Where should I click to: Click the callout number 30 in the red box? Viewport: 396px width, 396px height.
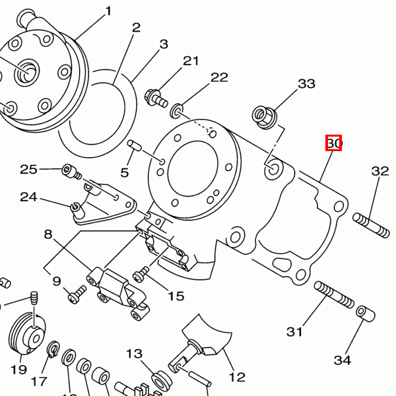click(x=333, y=143)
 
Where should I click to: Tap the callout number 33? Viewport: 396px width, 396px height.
click(x=306, y=84)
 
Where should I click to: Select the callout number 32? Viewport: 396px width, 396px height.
click(x=380, y=171)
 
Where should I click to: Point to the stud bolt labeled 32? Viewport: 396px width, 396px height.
click(x=372, y=224)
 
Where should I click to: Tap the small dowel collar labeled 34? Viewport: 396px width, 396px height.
click(x=362, y=312)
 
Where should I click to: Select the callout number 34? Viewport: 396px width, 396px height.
click(x=342, y=360)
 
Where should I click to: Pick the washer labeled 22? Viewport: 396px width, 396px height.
click(x=178, y=108)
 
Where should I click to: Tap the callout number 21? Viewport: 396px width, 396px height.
click(x=191, y=61)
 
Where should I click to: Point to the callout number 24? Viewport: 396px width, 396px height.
click(x=28, y=197)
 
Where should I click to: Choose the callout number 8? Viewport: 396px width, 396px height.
click(x=48, y=234)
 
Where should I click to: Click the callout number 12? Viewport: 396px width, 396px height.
click(x=237, y=377)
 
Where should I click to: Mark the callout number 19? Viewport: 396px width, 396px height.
click(x=18, y=369)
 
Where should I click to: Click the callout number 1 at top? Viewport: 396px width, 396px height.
click(x=108, y=11)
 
